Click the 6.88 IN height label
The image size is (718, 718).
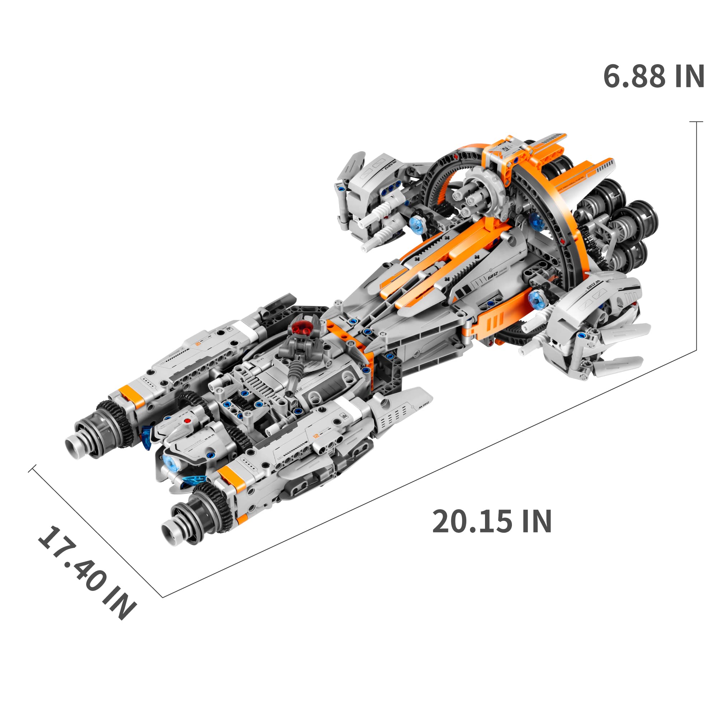coord(653,76)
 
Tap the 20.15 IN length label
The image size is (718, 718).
coord(491,522)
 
